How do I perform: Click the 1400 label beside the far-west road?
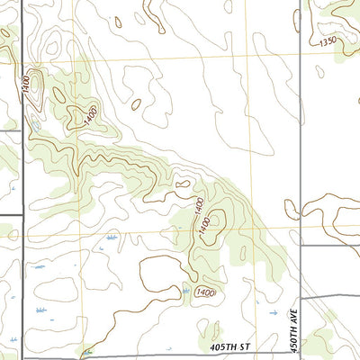click(x=27, y=83)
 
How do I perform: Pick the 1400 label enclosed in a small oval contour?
click(x=204, y=292)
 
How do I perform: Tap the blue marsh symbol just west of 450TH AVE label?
click(x=274, y=312)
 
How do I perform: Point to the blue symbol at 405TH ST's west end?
click(x=86, y=352)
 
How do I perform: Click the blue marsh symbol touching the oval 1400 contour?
click(x=185, y=291)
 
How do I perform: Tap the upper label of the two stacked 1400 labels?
click(x=199, y=206)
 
